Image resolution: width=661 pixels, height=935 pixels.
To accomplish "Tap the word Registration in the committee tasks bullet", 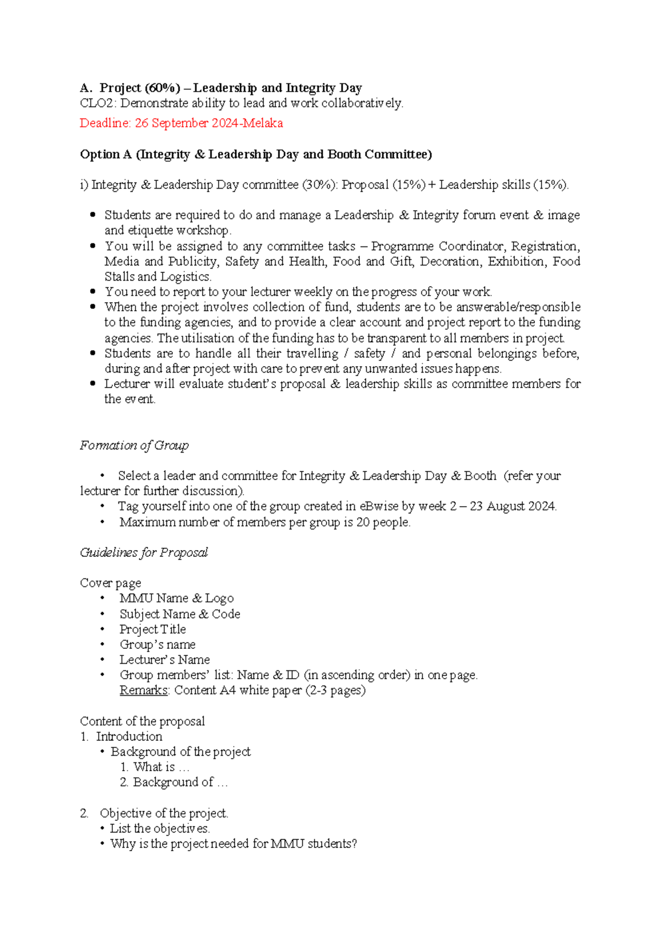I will click(545, 246).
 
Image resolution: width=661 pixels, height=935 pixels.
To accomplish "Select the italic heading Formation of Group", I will click(134, 445).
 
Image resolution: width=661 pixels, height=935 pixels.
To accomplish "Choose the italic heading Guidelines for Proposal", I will click(144, 552).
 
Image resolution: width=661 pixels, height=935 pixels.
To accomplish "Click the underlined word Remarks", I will click(144, 690).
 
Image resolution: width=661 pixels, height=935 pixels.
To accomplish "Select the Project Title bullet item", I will click(153, 629).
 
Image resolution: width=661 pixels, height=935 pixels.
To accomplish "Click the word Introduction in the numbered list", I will click(129, 737).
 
